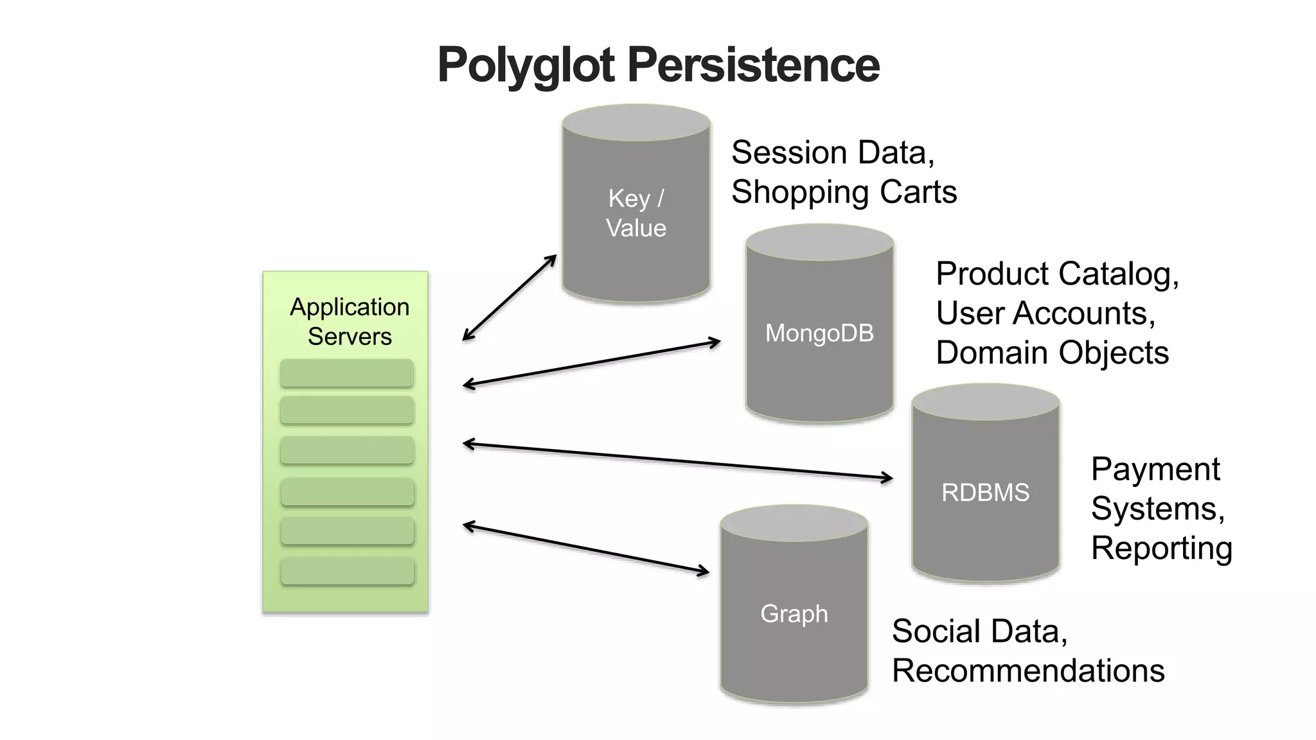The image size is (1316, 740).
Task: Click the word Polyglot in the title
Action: [526, 66]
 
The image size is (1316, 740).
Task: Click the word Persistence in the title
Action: [753, 66]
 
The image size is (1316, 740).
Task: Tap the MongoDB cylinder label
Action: [819, 333]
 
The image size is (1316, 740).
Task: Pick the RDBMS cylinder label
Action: [985, 493]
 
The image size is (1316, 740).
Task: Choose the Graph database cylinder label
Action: [794, 613]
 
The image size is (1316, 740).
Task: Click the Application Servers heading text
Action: [350, 321]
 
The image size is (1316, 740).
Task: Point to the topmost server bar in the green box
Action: [347, 373]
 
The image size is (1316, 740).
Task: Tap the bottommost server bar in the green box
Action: [347, 571]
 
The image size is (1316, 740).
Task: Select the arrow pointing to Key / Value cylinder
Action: [509, 297]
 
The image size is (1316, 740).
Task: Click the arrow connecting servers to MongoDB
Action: [591, 364]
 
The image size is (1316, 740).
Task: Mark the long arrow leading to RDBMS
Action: [678, 461]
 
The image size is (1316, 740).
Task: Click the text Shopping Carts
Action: [844, 192]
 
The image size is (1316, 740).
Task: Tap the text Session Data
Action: [832, 153]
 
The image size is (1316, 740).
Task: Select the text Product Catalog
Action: [1057, 274]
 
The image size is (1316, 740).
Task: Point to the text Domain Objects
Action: [1052, 353]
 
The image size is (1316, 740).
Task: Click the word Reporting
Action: [1161, 548]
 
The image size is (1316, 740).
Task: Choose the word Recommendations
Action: [1028, 671]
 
